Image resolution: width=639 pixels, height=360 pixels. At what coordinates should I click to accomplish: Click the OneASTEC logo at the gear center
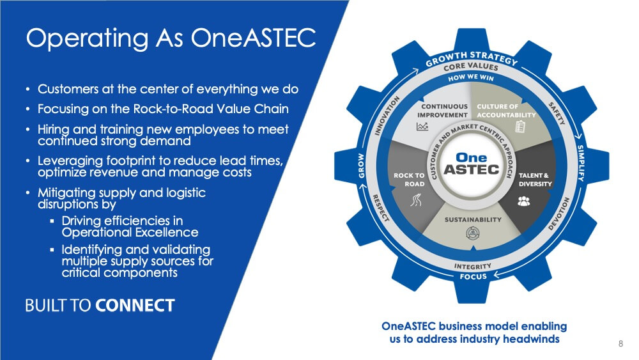[x=472, y=164]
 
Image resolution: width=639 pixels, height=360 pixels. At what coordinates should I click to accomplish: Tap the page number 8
[x=620, y=343]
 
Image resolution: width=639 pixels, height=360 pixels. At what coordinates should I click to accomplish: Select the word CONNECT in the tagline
[x=135, y=306]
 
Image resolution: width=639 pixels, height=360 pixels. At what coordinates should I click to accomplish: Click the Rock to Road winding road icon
[x=416, y=200]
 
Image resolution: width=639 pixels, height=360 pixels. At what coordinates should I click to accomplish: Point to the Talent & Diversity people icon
[x=524, y=201]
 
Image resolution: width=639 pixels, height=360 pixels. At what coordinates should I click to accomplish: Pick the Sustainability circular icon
[x=472, y=233]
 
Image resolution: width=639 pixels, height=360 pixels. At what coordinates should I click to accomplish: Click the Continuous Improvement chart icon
[x=422, y=127]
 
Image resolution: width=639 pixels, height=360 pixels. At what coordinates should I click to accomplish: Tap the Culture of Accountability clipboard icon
[x=520, y=127]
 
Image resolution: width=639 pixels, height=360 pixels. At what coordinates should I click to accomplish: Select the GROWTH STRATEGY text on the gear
[x=472, y=58]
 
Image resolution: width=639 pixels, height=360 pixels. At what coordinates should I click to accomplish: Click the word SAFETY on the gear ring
[x=557, y=113]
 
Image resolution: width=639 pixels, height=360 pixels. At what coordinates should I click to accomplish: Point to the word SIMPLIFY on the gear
[x=580, y=162]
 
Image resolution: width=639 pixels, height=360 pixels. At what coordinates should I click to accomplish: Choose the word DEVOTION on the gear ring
[x=558, y=214]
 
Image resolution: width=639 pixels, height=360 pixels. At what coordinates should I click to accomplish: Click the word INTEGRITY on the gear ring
[x=473, y=266]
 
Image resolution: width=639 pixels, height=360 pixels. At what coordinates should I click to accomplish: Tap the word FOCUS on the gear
[x=473, y=276]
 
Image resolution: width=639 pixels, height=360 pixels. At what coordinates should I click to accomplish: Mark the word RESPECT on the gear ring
[x=381, y=208]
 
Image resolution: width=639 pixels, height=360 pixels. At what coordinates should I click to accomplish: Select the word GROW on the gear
[x=361, y=166]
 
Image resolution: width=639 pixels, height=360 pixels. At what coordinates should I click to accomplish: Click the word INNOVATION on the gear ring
[x=387, y=115]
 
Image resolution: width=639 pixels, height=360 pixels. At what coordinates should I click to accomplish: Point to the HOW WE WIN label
[x=471, y=77]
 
